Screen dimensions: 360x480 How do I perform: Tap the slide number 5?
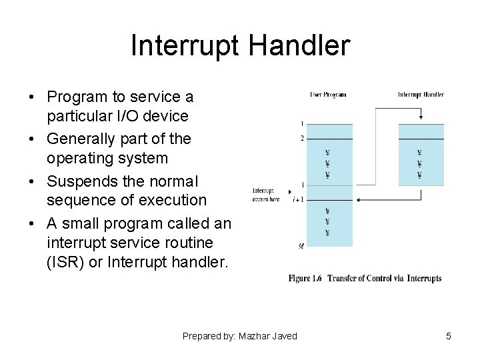(449, 336)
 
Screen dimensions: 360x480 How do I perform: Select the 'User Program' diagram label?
(328, 95)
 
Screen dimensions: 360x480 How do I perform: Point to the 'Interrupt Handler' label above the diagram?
(421, 95)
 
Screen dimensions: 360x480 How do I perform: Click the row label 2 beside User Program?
(302, 138)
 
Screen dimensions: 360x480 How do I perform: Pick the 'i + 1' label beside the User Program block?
(298, 199)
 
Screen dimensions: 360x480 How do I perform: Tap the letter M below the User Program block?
(301, 246)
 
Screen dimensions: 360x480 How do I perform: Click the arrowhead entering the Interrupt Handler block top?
(421, 119)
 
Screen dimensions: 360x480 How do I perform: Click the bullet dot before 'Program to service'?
(32, 97)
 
